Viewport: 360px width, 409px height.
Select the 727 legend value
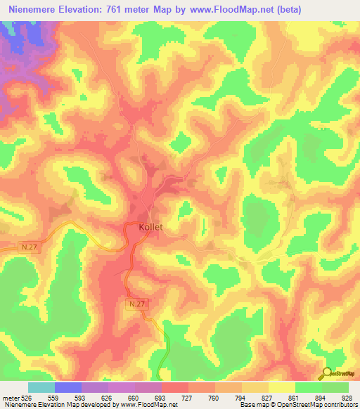pyautogui.click(x=174, y=398)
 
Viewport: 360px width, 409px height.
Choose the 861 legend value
pyautogui.click(x=281, y=398)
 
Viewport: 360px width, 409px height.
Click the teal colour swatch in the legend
pyautogui.click(x=41, y=387)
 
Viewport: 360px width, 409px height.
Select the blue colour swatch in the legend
pyautogui.click(x=68, y=387)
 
